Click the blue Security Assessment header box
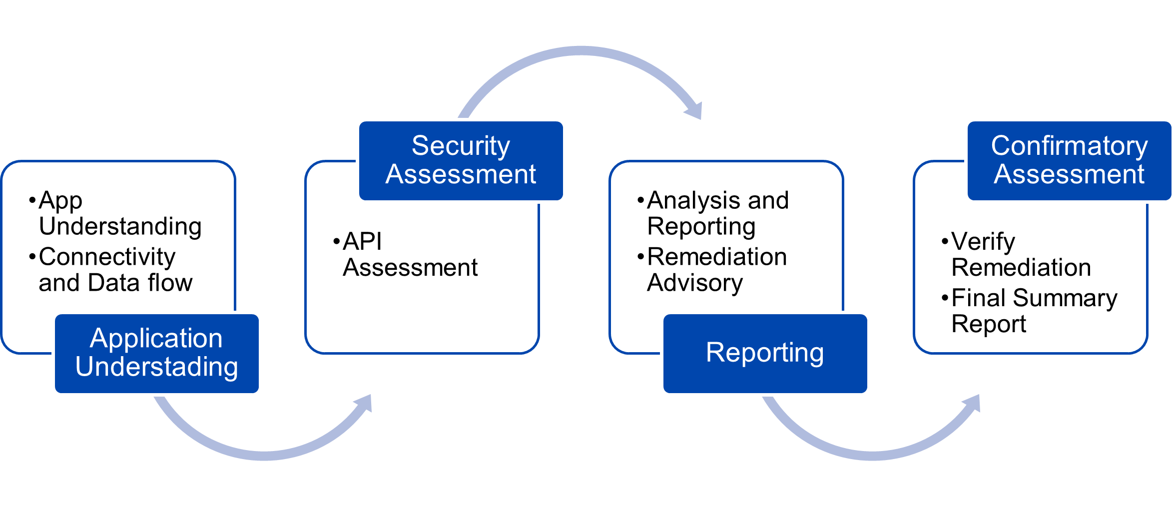(461, 160)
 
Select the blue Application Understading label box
(157, 353)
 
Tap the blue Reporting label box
(765, 353)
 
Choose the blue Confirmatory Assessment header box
(1070, 160)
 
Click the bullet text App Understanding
(116, 213)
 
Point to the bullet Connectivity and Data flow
(111, 270)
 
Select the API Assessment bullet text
(406, 254)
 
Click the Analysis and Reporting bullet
(713, 213)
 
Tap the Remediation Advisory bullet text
(712, 270)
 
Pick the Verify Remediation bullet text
(1017, 254)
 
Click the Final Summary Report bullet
(1030, 311)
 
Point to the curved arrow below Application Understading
(264, 455)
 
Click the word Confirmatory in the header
(1070, 146)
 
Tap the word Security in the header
(461, 146)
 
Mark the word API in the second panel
(363, 242)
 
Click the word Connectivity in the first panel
(107, 257)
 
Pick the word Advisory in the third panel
(695, 283)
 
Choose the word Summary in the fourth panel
(1066, 299)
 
